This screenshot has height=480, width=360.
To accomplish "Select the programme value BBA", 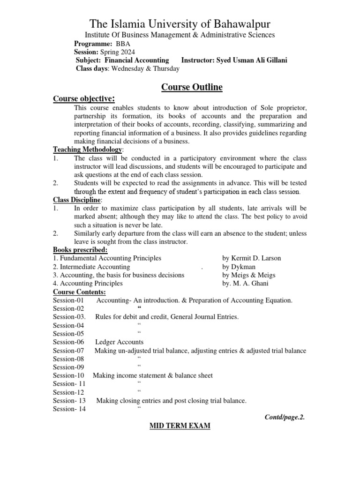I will coord(117,44).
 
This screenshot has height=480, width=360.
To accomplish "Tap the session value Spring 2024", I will coord(117,52).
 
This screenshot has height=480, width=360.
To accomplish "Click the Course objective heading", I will coord(83,98).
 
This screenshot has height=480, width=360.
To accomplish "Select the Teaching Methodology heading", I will coord(87,150).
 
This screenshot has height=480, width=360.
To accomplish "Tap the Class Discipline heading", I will coord(76,200).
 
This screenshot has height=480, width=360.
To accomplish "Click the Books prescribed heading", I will coord(80,250).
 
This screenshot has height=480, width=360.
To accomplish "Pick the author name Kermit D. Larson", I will coord(252,258).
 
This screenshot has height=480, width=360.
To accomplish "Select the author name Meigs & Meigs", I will coord(249,275).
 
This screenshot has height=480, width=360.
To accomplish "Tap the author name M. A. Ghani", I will coord(247,284).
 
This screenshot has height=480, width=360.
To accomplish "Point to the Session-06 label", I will coord(68,342).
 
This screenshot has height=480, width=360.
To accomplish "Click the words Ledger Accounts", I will coord(119,342).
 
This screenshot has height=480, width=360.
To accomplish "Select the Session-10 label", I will coord(68,375).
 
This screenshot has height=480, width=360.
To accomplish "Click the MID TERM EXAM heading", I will coord(180,426).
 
